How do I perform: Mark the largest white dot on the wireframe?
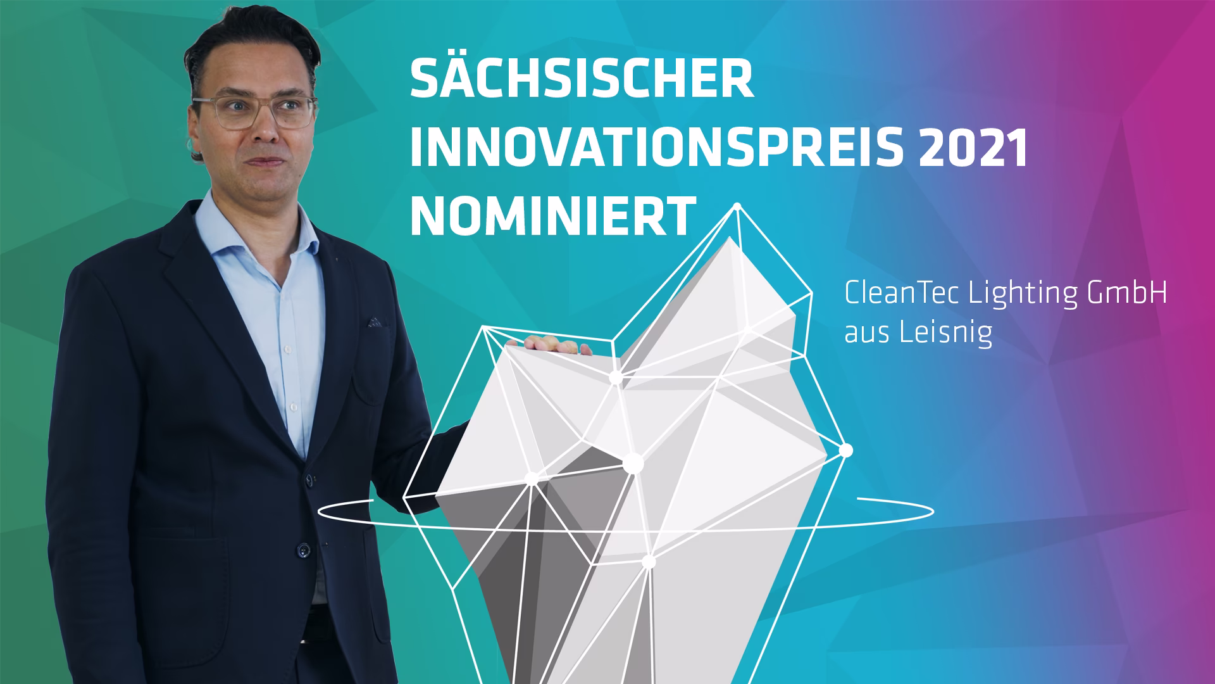point(632,464)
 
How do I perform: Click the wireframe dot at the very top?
point(737,206)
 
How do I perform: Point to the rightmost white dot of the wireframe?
point(846,450)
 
